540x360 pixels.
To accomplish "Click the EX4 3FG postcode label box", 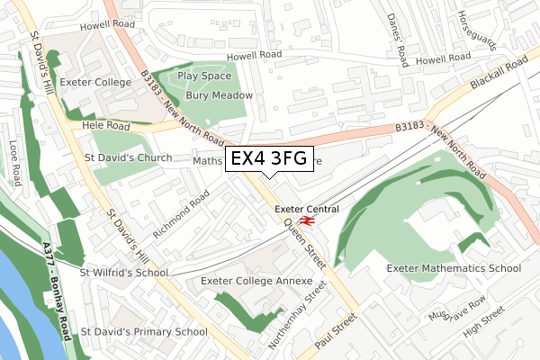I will (269, 158).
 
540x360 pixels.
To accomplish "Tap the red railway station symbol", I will (307, 220).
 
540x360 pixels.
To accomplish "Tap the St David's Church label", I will (128, 157).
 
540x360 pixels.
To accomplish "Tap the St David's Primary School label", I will (143, 332).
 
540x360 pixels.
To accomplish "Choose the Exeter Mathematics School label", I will (454, 268).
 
